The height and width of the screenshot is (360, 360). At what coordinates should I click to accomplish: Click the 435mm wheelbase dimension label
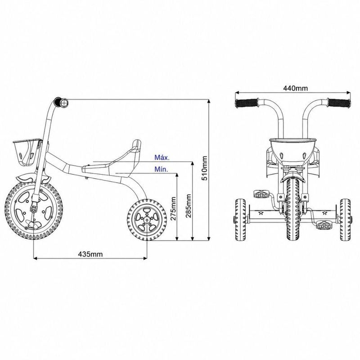pyautogui.click(x=90, y=254)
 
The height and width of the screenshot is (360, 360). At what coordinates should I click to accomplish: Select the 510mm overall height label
pyautogui.click(x=204, y=168)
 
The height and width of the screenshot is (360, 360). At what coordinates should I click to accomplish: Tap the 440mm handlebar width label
pyautogui.click(x=295, y=88)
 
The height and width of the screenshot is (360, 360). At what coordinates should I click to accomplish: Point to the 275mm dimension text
pyautogui.click(x=173, y=208)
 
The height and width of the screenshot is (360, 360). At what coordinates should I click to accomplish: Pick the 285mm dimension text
pyautogui.click(x=189, y=206)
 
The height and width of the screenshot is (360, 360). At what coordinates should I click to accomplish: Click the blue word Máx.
pyautogui.click(x=162, y=157)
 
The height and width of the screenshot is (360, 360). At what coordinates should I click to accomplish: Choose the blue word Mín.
pyautogui.click(x=161, y=170)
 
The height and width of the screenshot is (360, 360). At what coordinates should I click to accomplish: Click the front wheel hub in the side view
pyautogui.click(x=33, y=208)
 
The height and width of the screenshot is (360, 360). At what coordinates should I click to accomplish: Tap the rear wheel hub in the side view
pyautogui.click(x=147, y=220)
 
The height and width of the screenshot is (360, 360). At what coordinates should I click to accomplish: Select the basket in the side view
pyautogui.click(x=27, y=152)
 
